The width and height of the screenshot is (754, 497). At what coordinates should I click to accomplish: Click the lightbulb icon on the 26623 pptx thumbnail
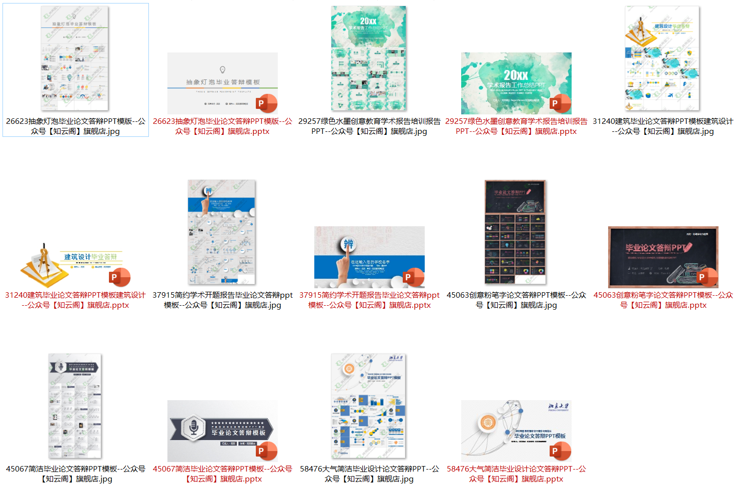click(222, 70)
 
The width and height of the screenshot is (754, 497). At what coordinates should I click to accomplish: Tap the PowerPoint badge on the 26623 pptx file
click(267, 103)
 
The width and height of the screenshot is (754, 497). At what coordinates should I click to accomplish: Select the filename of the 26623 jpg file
click(75, 126)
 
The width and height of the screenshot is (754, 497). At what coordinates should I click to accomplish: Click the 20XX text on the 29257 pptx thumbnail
click(516, 75)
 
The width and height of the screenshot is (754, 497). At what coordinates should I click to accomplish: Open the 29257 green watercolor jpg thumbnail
click(369, 58)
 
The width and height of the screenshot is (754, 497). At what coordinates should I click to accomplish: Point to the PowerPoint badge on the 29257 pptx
click(561, 103)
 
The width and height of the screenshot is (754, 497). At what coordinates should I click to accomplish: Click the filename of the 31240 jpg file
click(663, 126)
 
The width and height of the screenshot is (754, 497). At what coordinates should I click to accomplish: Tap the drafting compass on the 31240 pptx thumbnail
click(44, 260)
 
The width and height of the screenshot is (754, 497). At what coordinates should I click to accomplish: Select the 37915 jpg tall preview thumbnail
click(222, 232)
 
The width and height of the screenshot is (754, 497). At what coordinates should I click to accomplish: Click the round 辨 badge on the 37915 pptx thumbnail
click(348, 244)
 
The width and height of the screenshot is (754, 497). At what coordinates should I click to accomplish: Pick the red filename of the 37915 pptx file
click(369, 300)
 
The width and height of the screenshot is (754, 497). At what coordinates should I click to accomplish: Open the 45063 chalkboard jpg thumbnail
click(516, 232)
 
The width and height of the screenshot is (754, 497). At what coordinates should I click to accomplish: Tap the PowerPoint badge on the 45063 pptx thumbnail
click(709, 277)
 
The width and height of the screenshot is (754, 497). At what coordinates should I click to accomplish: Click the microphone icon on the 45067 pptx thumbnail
click(194, 428)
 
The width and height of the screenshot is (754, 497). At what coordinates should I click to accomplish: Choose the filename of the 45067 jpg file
click(75, 474)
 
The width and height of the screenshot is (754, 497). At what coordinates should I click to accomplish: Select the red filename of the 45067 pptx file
click(222, 474)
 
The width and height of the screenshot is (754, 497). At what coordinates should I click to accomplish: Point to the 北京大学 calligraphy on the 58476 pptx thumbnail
click(559, 406)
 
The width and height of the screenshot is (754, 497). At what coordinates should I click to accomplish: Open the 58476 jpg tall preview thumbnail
click(369, 406)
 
